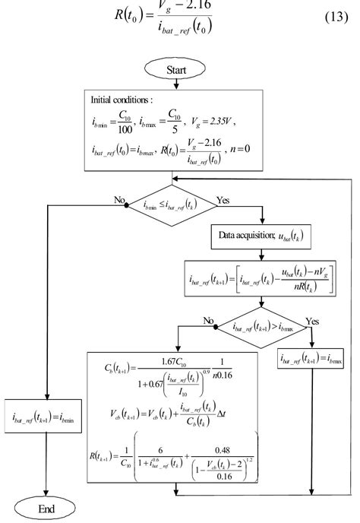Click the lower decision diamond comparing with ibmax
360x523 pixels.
coord(261,330)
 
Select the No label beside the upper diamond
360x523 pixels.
coord(119,199)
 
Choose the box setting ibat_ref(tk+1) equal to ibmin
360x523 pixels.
coord(47,415)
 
